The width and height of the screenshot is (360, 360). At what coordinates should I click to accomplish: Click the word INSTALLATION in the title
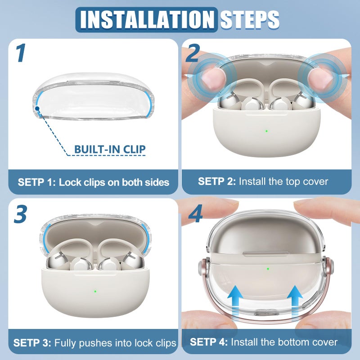click(x=147, y=19)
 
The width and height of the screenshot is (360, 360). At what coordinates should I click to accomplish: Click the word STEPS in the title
click(x=250, y=19)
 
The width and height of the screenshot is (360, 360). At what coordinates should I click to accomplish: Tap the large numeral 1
click(x=21, y=53)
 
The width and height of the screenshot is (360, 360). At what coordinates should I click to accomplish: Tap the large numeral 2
click(x=193, y=53)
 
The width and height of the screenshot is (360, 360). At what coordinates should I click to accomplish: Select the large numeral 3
click(x=20, y=214)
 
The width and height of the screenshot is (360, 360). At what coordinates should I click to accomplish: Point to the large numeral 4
click(x=195, y=214)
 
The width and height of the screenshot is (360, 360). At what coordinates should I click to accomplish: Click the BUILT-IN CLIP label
click(x=110, y=149)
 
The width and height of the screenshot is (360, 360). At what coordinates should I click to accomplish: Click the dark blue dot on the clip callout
click(x=37, y=108)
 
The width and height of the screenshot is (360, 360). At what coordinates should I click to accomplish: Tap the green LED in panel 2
click(x=266, y=131)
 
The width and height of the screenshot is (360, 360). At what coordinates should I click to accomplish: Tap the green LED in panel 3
click(x=95, y=292)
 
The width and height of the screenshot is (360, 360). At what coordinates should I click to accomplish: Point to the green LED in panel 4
click(x=268, y=268)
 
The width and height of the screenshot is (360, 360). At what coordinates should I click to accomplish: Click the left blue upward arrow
click(x=235, y=300)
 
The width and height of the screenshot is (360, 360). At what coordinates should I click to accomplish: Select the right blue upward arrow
click(x=295, y=300)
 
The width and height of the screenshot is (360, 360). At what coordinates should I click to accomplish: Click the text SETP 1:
click(x=36, y=182)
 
